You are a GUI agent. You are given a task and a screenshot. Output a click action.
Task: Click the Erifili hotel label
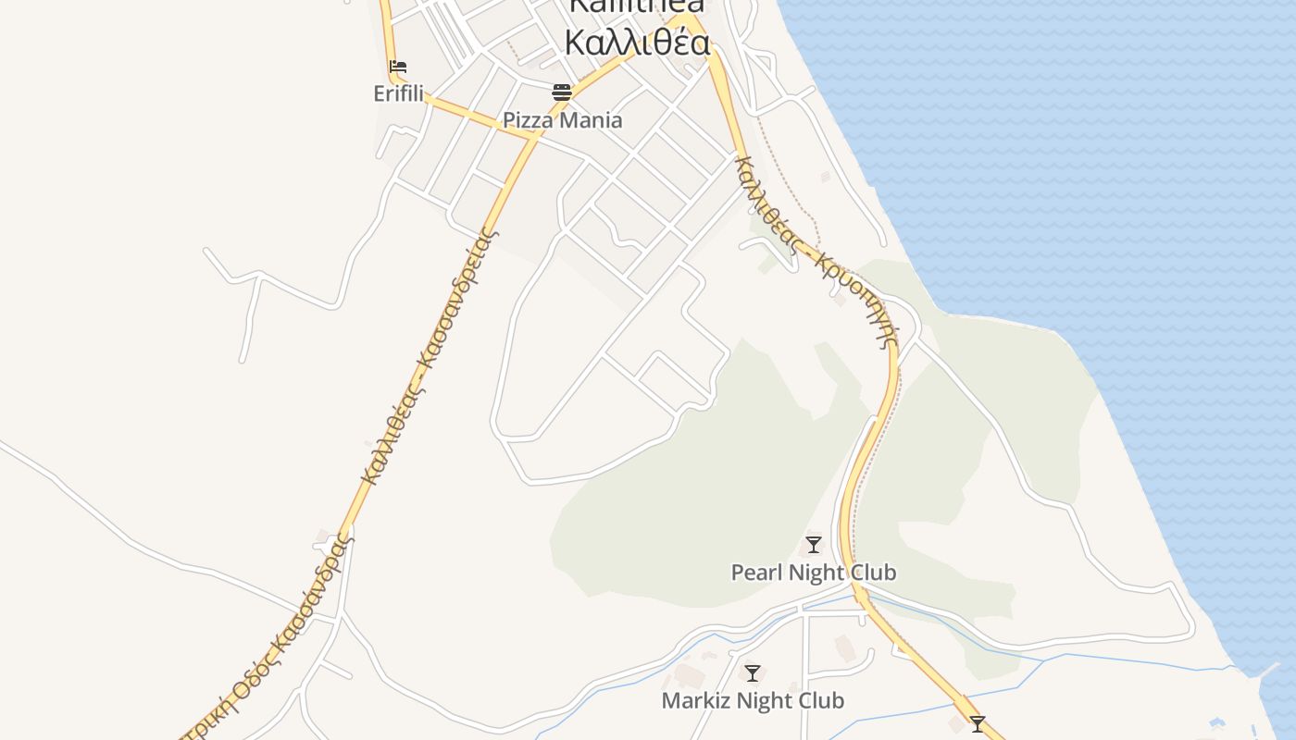click(x=398, y=93)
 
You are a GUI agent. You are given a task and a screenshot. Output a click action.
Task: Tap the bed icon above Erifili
click(x=398, y=67)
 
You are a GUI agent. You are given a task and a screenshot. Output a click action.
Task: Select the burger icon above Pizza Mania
click(x=562, y=92)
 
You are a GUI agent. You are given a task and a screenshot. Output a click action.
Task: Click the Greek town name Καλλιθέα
click(x=637, y=43)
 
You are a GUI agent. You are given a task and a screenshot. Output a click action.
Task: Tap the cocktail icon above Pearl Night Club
click(x=814, y=545)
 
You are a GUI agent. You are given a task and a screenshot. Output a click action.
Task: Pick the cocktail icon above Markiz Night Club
click(x=753, y=673)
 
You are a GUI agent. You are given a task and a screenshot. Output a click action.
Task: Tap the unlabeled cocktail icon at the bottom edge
click(x=978, y=723)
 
